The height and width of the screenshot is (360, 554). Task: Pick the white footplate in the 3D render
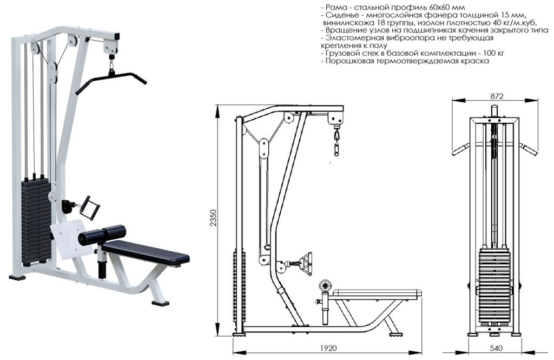click(x=68, y=238)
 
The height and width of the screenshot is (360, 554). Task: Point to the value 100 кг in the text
click(x=493, y=54)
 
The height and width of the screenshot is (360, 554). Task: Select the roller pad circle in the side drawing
click(x=325, y=286)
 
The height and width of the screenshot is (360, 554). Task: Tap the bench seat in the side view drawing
click(x=377, y=293)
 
